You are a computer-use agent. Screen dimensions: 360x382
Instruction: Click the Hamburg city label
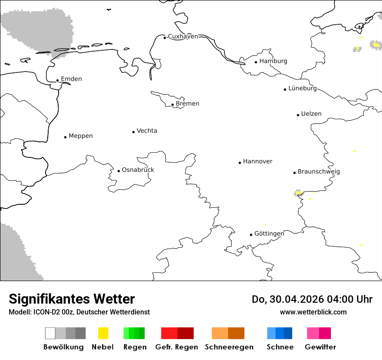tap(273, 61)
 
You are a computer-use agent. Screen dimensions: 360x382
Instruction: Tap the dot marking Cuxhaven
tap(165, 38)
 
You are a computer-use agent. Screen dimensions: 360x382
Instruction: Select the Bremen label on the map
tap(188, 104)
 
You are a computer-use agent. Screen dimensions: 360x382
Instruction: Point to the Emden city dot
tap(58, 80)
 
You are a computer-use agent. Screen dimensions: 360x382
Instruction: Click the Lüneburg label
tap(303, 88)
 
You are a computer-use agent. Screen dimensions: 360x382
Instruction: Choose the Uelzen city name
tap(311, 114)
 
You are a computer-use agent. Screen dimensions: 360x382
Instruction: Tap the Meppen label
tap(81, 136)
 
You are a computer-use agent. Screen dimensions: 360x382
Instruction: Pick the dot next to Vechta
tap(134, 132)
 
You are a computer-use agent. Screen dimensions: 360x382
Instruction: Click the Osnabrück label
tap(138, 170)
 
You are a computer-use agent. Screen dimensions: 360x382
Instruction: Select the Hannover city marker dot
tap(240, 163)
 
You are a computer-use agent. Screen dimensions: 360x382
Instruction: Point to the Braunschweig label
tap(319, 172)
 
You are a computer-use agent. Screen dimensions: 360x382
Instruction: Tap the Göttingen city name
tap(269, 234)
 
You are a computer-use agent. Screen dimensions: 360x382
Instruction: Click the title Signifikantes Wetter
tap(72, 299)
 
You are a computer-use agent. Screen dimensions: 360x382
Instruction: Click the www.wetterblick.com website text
tap(313, 312)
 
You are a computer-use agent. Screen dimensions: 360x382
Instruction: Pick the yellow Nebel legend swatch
tap(103, 333)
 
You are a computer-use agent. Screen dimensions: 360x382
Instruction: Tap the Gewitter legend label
tap(320, 347)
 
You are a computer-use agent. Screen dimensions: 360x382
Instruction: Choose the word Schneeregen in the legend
tap(229, 347)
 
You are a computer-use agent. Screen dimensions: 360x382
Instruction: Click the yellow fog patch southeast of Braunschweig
tap(299, 193)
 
